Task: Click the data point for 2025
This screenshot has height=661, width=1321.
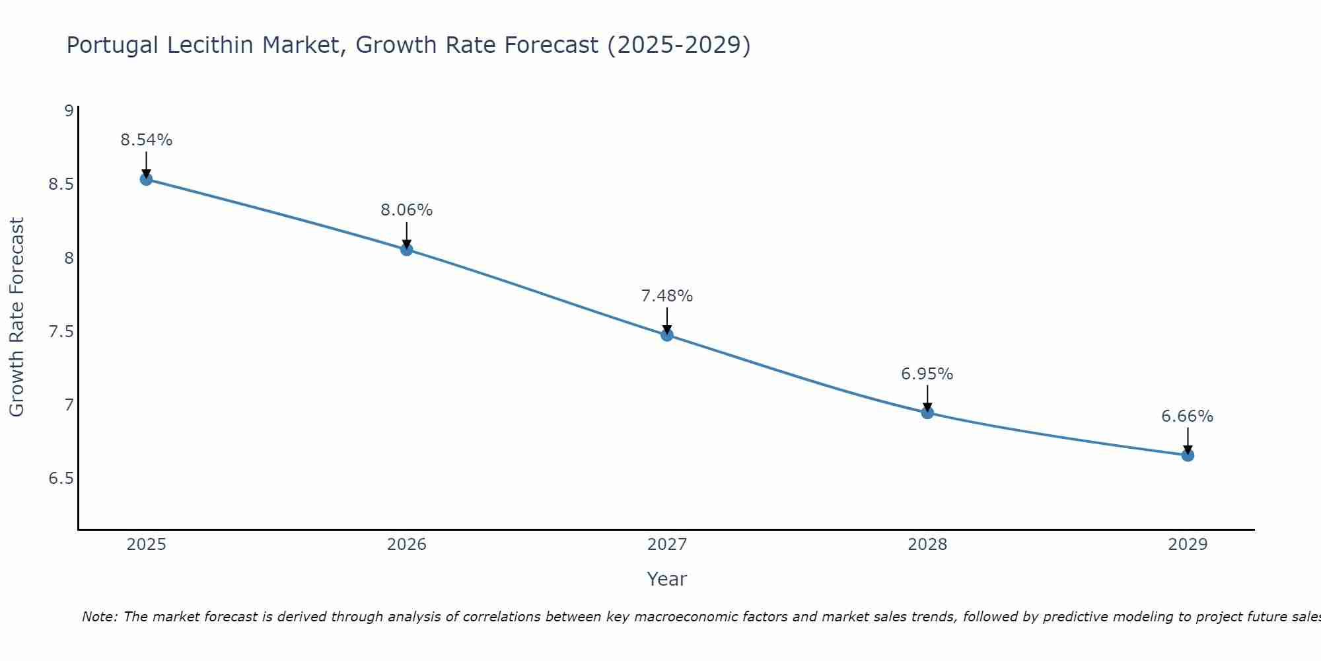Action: coord(146,179)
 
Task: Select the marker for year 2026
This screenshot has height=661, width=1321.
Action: coord(406,249)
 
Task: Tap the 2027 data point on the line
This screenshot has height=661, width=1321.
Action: coord(666,335)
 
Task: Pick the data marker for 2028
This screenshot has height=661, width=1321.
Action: coord(927,412)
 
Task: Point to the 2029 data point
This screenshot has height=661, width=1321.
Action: coord(1188,455)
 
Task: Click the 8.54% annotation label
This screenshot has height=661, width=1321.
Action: coord(146,140)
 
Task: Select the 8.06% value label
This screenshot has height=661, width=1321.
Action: coord(406,210)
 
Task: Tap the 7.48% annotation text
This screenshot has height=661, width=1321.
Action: coord(666,296)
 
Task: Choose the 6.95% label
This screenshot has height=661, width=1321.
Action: coord(927,374)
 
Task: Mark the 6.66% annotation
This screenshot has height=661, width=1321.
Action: coord(1188,416)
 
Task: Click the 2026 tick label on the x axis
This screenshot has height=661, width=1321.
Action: coord(406,545)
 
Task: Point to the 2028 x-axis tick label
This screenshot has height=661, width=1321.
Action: coord(927,545)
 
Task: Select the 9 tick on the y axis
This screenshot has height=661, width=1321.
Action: coord(69,110)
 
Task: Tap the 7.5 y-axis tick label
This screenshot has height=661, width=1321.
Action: coord(61,331)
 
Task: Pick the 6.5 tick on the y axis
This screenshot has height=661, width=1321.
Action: coord(61,478)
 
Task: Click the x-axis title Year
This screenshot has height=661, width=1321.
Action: coord(666,579)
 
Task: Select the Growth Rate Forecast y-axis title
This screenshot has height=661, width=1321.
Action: coord(17,317)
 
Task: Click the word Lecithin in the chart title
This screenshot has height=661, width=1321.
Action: coord(211,45)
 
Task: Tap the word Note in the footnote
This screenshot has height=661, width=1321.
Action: coord(99,617)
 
